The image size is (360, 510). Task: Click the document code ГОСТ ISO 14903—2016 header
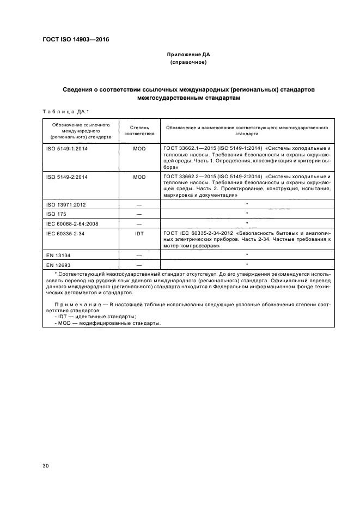(x=76, y=40)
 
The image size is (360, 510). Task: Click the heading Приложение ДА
(x=188, y=54)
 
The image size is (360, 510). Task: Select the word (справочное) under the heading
(x=188, y=63)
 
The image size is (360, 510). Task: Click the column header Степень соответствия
(x=139, y=130)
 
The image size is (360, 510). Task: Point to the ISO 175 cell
(x=55, y=214)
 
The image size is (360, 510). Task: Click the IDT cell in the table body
(x=139, y=233)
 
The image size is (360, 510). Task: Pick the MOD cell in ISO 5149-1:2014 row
(x=139, y=148)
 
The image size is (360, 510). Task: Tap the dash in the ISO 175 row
(x=139, y=214)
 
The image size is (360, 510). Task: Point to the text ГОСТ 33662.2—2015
(x=187, y=177)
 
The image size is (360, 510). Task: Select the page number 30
(x=46, y=465)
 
